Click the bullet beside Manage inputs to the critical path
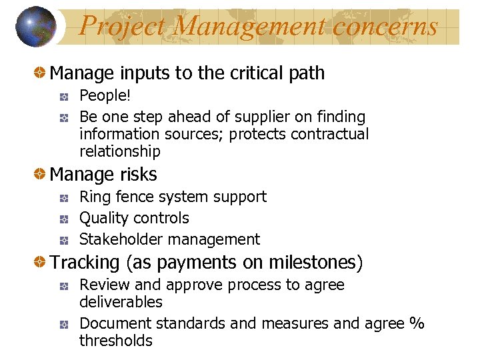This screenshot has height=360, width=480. pyautogui.click(x=41, y=73)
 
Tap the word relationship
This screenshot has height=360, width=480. pyautogui.click(x=120, y=151)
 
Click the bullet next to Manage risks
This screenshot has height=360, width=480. pyautogui.click(x=41, y=175)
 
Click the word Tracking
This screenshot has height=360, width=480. pyautogui.click(x=85, y=263)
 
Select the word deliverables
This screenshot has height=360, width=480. pyautogui.click(x=121, y=302)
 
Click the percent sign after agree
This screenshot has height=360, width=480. pyautogui.click(x=417, y=323)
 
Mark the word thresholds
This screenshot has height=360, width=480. pyautogui.click(x=116, y=341)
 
